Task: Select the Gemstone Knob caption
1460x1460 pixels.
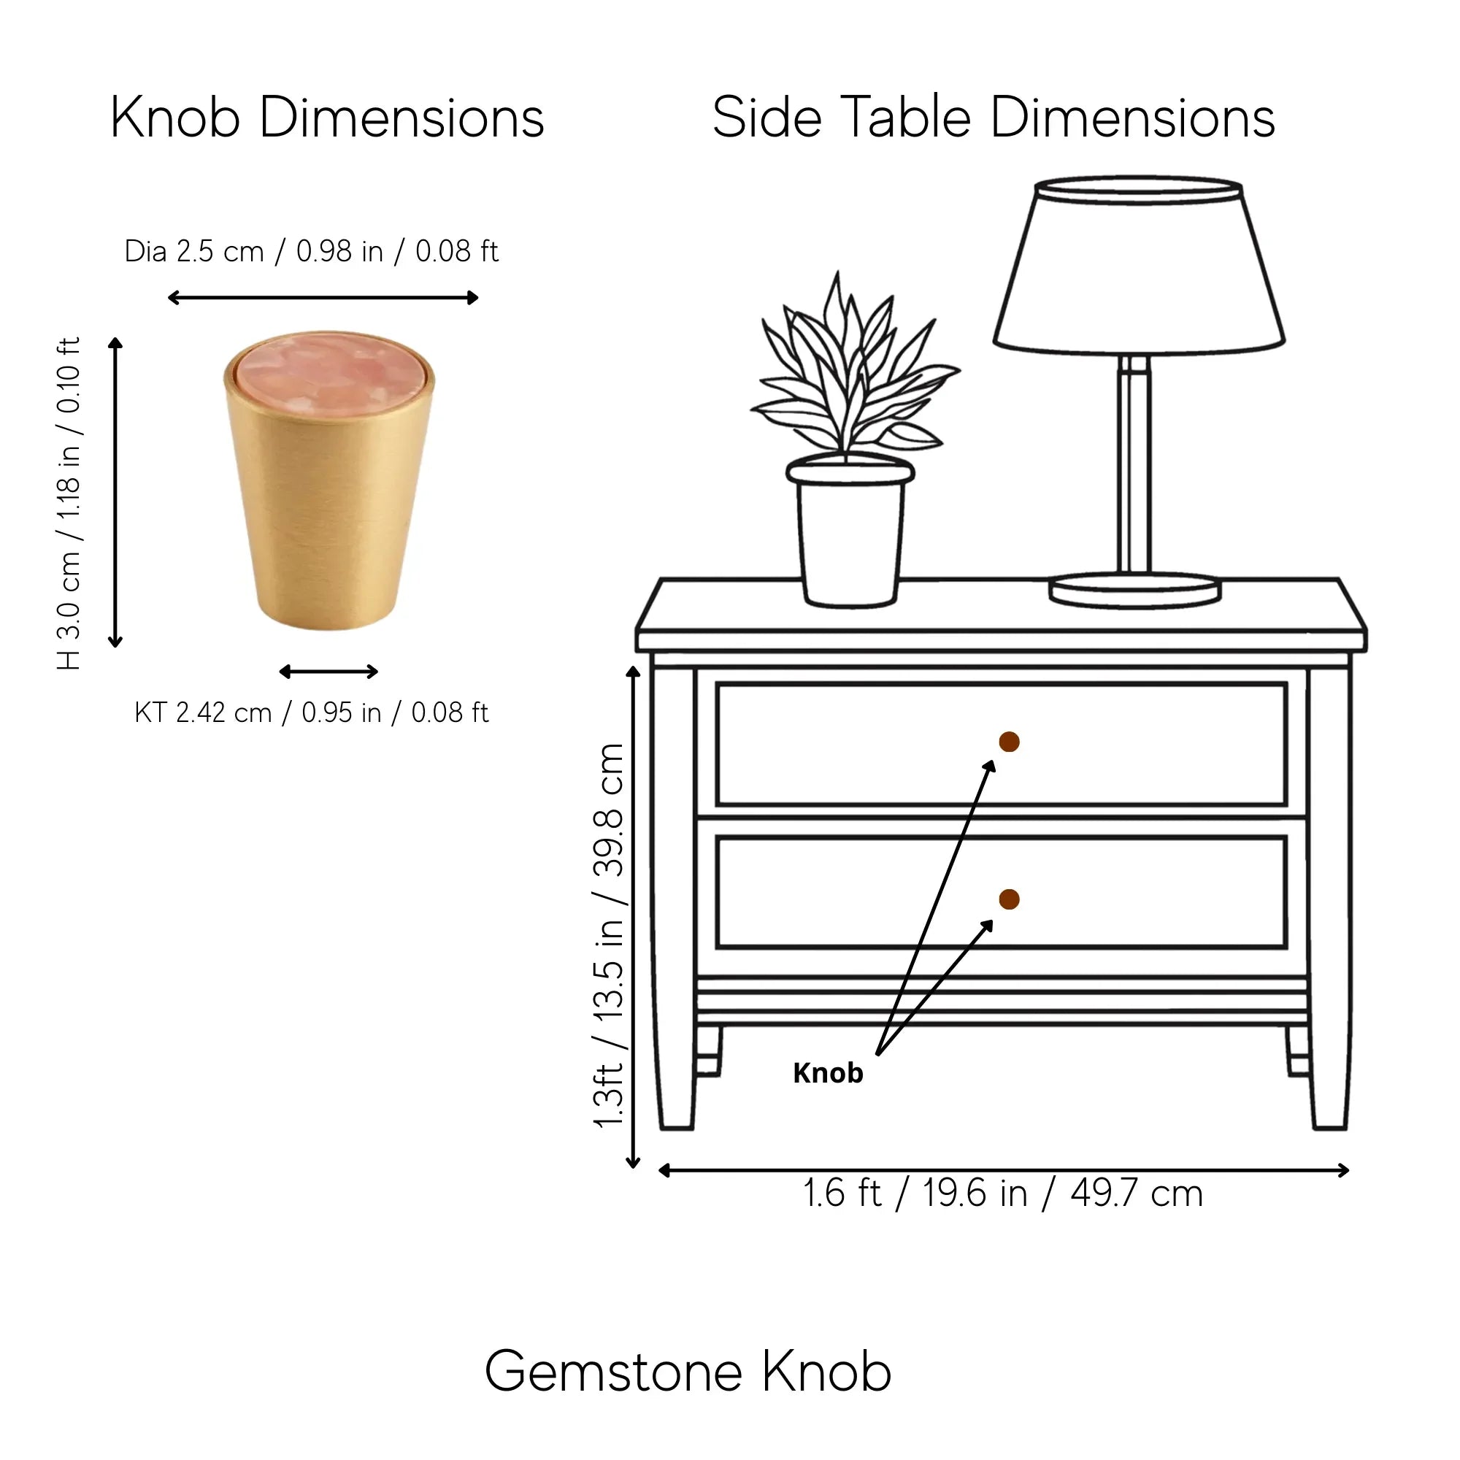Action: [x=688, y=1372]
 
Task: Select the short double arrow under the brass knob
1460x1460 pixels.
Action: [x=328, y=671]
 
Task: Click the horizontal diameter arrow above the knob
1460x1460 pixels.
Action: [x=323, y=298]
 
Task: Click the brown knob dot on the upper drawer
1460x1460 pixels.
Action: [x=1009, y=742]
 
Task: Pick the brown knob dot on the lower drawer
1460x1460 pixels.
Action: [x=1009, y=899]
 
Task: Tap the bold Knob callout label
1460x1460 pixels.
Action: [x=829, y=1074]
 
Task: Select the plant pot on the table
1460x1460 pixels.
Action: [x=850, y=533]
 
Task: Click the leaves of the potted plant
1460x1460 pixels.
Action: [x=854, y=370]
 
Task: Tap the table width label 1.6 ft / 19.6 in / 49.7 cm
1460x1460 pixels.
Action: [x=1003, y=1194]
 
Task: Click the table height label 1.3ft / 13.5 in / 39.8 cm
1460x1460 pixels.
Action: [x=610, y=937]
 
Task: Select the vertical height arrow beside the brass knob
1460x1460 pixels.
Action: [x=115, y=493]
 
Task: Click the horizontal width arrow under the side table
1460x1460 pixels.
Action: [x=1004, y=1171]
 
